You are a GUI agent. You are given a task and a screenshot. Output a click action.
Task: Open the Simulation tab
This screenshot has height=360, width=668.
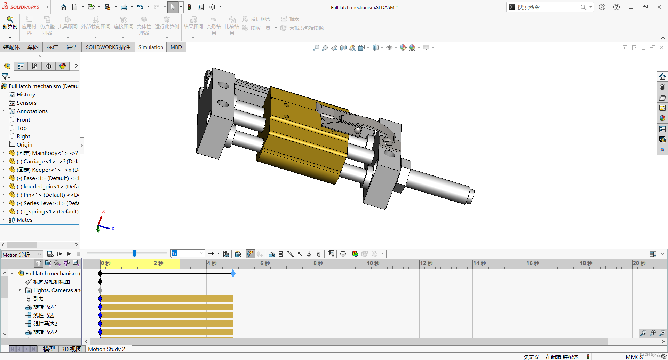(x=150, y=47)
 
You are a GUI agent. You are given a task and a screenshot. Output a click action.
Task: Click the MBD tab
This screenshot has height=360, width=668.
(x=176, y=47)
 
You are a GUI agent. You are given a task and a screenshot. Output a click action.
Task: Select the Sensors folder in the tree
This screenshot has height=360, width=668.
(x=26, y=103)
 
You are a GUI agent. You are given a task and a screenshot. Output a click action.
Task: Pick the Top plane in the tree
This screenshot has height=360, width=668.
(x=21, y=128)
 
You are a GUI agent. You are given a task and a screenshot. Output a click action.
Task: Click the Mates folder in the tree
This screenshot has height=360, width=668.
(x=24, y=220)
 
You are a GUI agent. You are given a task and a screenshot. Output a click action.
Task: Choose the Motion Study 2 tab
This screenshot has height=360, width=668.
(x=106, y=349)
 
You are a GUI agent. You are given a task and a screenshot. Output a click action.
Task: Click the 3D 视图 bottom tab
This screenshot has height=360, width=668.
(x=71, y=349)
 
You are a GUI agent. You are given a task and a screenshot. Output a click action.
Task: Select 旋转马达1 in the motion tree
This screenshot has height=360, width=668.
(x=45, y=307)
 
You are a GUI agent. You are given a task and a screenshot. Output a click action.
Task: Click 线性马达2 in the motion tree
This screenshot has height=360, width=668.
(x=45, y=324)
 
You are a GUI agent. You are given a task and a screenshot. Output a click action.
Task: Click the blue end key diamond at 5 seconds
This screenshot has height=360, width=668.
(x=233, y=274)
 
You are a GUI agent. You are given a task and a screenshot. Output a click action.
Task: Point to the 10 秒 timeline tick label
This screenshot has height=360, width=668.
(x=373, y=263)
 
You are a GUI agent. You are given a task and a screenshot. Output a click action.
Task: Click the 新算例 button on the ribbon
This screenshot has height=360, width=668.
(x=10, y=23)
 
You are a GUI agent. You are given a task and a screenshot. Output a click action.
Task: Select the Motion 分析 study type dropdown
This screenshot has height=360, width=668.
(x=22, y=255)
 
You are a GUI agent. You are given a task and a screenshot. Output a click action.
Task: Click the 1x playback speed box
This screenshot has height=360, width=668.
(x=187, y=254)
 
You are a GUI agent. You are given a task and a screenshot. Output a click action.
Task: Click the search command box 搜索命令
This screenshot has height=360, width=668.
(x=546, y=7)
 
